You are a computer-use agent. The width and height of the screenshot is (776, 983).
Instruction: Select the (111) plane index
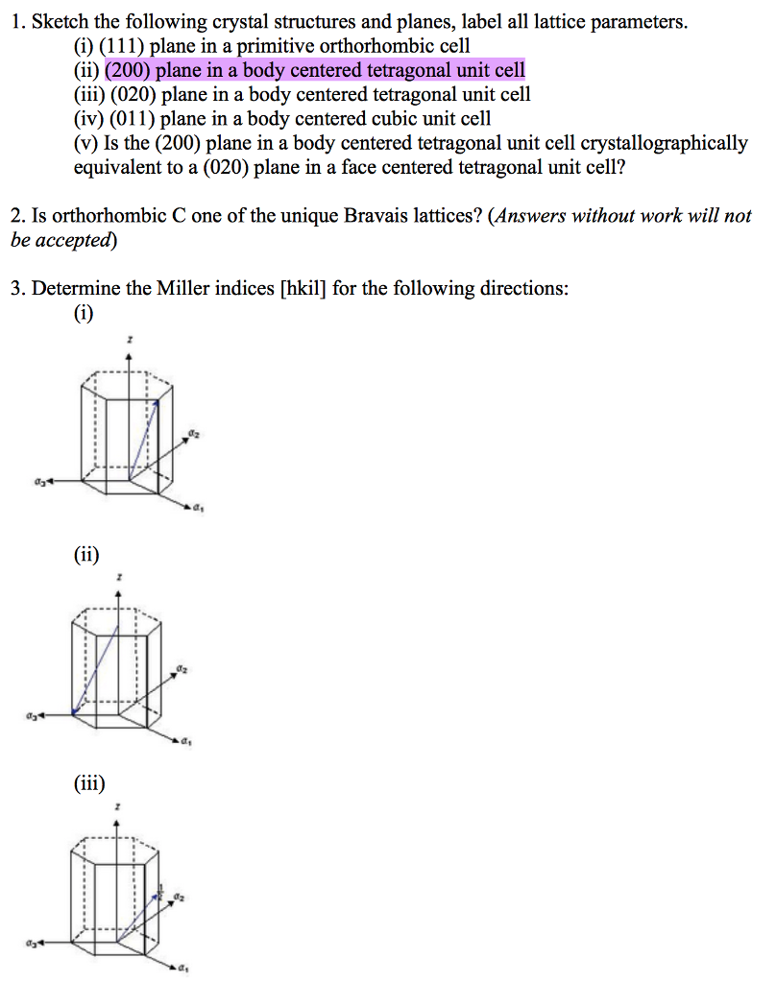click(120, 46)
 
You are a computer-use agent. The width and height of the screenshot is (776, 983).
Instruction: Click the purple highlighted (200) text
click(129, 70)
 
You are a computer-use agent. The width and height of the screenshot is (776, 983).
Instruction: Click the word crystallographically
click(664, 143)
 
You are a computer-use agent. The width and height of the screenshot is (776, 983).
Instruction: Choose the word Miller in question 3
click(158, 288)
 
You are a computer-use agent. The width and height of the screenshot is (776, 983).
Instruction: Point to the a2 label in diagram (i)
click(194, 435)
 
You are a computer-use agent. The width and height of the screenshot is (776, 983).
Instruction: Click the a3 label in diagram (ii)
click(33, 715)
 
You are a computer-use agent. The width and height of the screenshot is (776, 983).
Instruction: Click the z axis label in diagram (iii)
click(118, 808)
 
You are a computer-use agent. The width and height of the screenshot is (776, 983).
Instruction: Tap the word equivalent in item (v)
click(116, 167)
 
